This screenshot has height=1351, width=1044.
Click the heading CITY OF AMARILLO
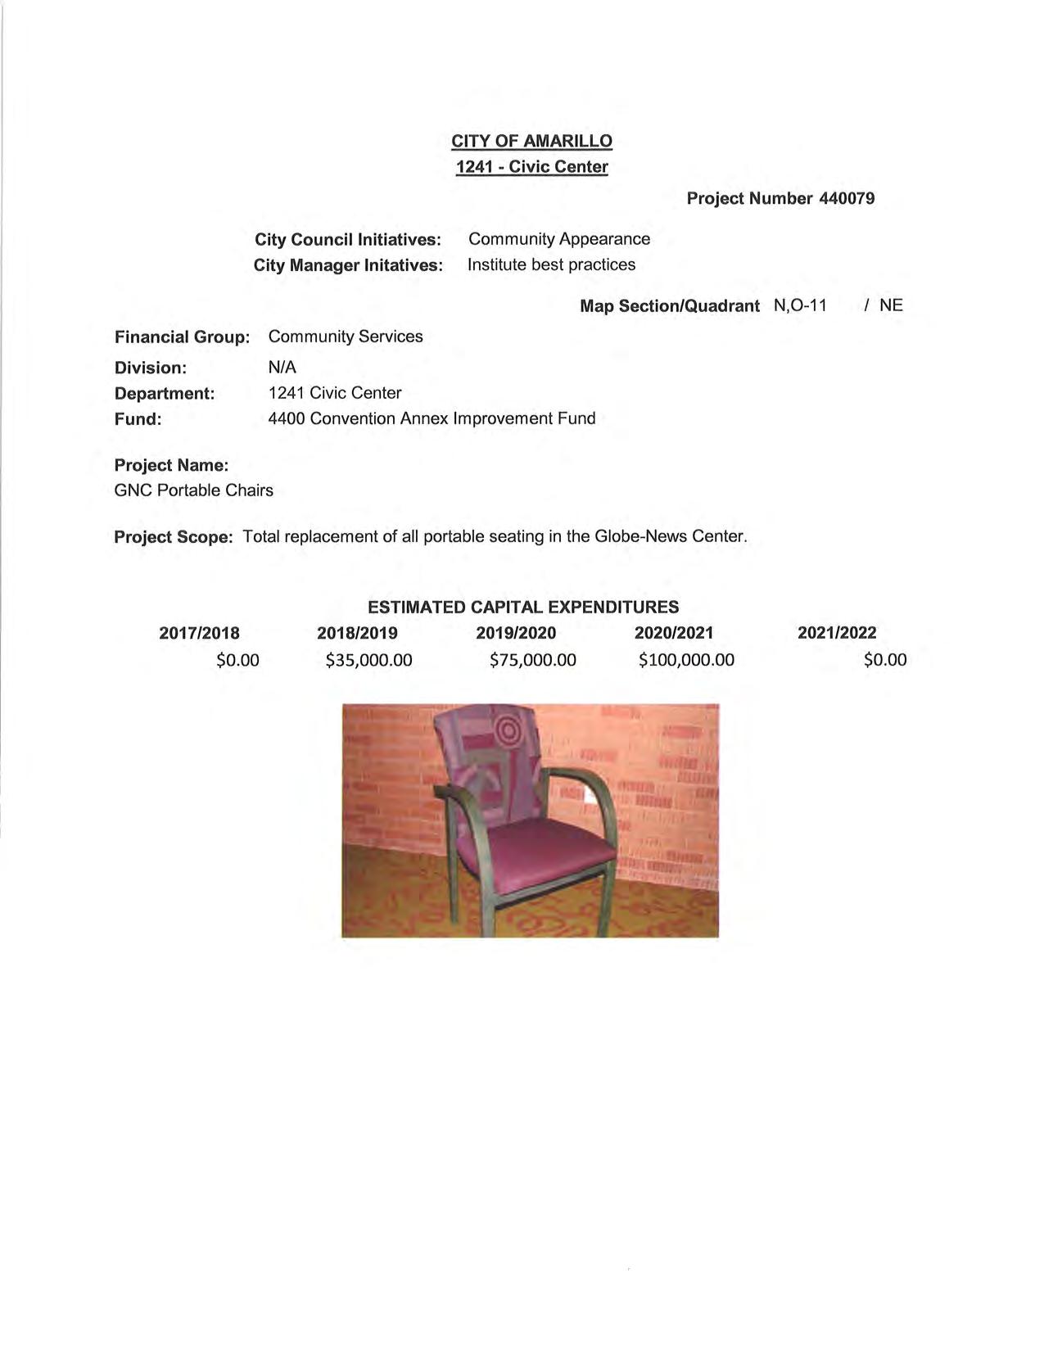coord(531,141)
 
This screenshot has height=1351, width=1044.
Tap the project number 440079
coord(847,198)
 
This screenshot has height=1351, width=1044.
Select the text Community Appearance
coord(559,239)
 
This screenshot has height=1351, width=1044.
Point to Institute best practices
coord(551,264)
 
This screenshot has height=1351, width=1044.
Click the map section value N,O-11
coord(800,305)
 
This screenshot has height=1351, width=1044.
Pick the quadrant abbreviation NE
coord(891,305)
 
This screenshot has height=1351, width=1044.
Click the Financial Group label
coord(182,337)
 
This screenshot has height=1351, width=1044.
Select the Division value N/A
coord(282,367)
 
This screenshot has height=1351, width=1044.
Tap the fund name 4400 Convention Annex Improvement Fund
coord(432,418)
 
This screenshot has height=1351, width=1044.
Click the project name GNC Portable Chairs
coord(194,490)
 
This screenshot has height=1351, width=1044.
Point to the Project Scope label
coord(174,537)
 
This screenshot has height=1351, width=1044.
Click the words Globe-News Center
coord(669,537)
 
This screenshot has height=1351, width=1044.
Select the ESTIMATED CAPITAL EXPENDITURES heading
coord(523,607)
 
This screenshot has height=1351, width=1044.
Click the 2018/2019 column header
coord(357,633)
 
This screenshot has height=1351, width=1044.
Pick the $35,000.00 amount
coord(368,660)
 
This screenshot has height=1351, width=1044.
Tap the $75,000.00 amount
coord(532,660)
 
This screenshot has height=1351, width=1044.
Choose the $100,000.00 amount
coord(686,660)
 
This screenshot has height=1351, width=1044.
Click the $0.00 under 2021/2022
coord(885,660)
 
